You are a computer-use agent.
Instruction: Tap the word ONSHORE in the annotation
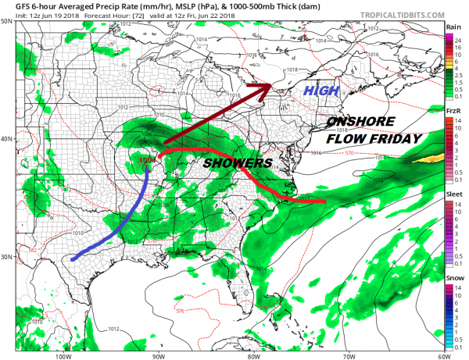point(363,123)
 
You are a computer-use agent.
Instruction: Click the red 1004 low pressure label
point(145,160)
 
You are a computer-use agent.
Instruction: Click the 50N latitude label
point(8,21)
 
